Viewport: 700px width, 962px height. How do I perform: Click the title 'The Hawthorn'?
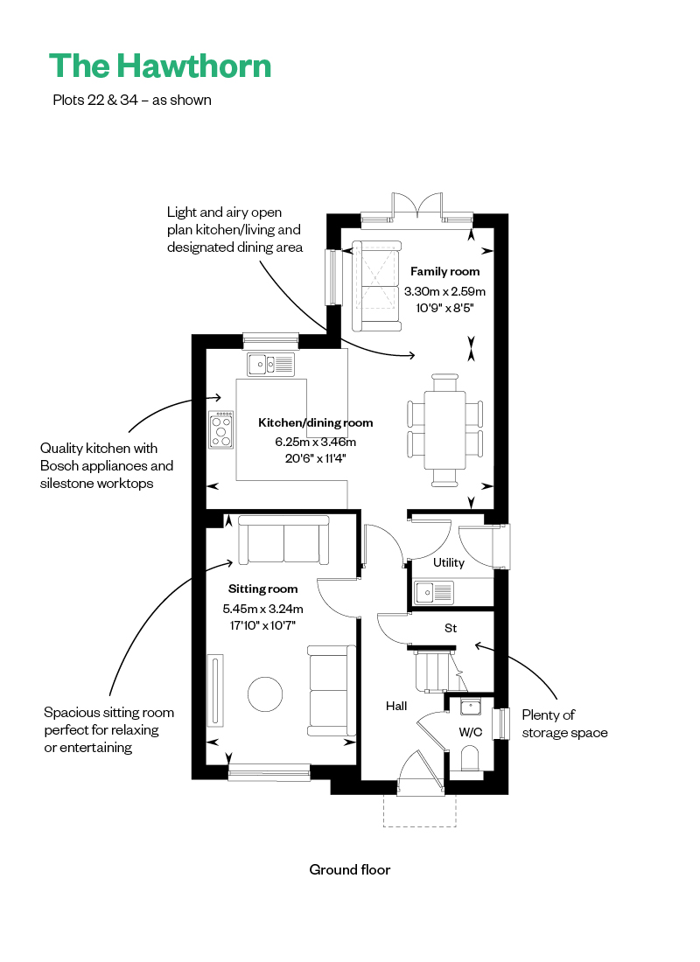pyautogui.click(x=160, y=66)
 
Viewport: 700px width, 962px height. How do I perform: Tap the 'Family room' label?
pyautogui.click(x=444, y=271)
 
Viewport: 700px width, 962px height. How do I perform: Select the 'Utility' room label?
pyautogui.click(x=449, y=562)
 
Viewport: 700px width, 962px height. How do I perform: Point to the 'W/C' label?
pyautogui.click(x=471, y=732)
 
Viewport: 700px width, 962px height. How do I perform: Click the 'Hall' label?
pyautogui.click(x=396, y=706)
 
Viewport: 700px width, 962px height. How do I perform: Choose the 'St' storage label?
pyautogui.click(x=451, y=628)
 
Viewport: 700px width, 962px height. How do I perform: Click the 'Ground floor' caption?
pyautogui.click(x=350, y=869)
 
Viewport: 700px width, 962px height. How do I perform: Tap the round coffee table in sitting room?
pyautogui.click(x=265, y=694)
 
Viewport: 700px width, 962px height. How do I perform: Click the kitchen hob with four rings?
pyautogui.click(x=221, y=429)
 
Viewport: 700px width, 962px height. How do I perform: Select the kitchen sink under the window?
pyautogui.click(x=270, y=365)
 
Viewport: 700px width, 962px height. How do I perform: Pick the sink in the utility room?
pyautogui.click(x=434, y=593)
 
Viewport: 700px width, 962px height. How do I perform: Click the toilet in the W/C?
pyautogui.click(x=470, y=758)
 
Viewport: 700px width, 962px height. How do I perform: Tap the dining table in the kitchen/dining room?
pyautogui.click(x=444, y=430)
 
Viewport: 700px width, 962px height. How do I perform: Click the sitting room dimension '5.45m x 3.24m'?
pyautogui.click(x=262, y=609)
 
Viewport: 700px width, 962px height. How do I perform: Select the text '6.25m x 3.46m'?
pyautogui.click(x=316, y=442)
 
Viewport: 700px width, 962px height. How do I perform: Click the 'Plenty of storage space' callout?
pyautogui.click(x=565, y=724)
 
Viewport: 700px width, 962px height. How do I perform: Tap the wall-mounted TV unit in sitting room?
pyautogui.click(x=215, y=690)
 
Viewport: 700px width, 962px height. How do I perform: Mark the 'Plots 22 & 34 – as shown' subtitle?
pyautogui.click(x=132, y=100)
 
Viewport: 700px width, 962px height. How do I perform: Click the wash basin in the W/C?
pyautogui.click(x=471, y=708)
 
